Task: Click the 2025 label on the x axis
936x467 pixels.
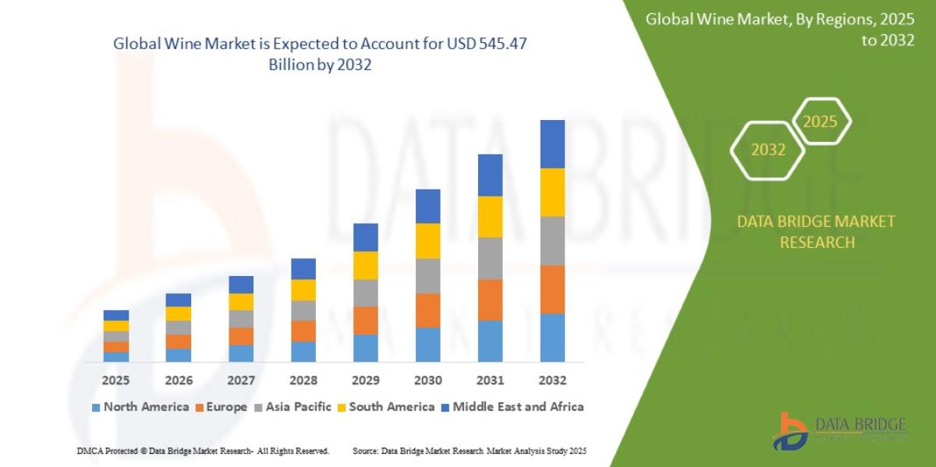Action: [115, 380]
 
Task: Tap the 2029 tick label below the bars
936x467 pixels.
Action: [365, 380]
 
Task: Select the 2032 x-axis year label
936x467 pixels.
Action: [552, 380]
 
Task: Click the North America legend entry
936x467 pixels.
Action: [140, 407]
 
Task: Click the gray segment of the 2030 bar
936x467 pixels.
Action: [427, 275]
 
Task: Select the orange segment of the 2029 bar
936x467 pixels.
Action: [365, 320]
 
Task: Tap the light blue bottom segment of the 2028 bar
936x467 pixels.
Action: [303, 351]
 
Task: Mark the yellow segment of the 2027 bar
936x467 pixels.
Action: [240, 302]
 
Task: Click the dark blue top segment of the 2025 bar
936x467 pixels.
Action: [115, 315]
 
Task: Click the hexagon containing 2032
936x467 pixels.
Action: [768, 150]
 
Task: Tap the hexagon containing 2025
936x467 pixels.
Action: [820, 122]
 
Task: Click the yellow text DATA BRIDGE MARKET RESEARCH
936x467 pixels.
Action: [816, 232]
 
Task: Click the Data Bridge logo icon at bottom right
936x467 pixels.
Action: [790, 430]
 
